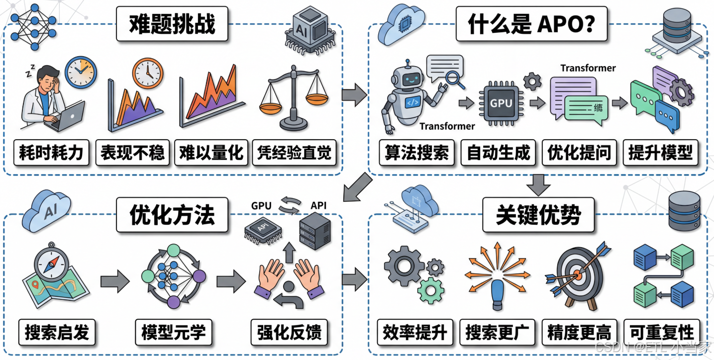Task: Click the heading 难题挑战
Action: point(172,23)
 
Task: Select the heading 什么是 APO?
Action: point(531,23)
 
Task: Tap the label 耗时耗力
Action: point(51,152)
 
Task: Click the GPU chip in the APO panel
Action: point(501,103)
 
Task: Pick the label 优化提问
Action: point(579,152)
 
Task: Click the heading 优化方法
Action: point(172,215)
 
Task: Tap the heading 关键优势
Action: point(538,215)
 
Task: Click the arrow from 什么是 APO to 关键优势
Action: point(539,184)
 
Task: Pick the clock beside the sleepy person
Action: point(81,72)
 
